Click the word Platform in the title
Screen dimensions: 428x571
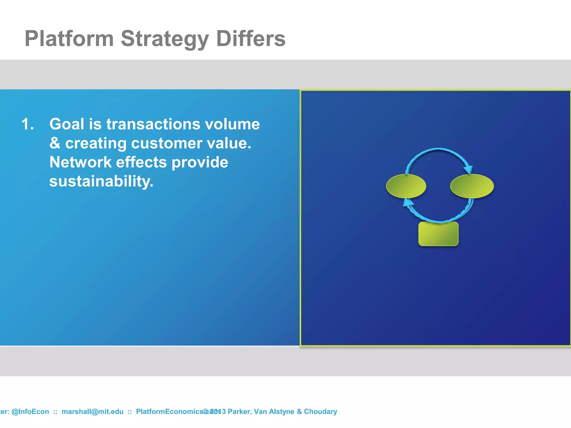pyautogui.click(x=69, y=38)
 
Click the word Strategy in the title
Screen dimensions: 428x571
pyautogui.click(x=164, y=38)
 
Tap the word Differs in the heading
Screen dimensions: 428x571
pyautogui.click(x=251, y=38)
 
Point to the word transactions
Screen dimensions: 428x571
pyautogui.click(x=153, y=124)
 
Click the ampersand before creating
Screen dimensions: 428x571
pyautogui.click(x=55, y=143)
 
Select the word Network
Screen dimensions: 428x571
pyautogui.click(x=80, y=162)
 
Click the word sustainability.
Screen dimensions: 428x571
pyautogui.click(x=101, y=181)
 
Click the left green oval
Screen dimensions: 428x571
pyautogui.click(x=406, y=186)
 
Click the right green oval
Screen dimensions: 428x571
pyautogui.click(x=472, y=186)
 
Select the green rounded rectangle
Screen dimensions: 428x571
pyautogui.click(x=438, y=234)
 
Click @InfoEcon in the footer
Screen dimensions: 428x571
pyautogui.click(x=30, y=412)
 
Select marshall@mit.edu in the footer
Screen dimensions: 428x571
pyautogui.click(x=92, y=412)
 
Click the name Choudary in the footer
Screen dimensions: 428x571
pyautogui.click(x=320, y=412)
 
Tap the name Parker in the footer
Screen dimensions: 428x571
pyautogui.click(x=239, y=412)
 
